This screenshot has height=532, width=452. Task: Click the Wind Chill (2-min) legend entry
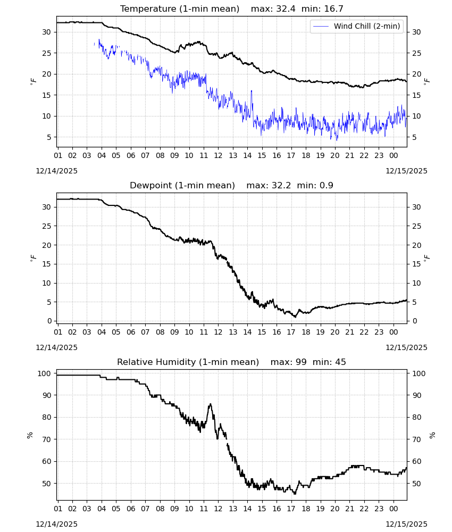coord(356,26)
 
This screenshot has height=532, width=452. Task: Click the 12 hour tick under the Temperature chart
coord(219,155)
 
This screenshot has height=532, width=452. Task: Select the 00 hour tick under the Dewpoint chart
coord(394,332)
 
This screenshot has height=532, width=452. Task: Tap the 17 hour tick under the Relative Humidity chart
coord(291,509)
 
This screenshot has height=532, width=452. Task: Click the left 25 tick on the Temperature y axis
coord(46,53)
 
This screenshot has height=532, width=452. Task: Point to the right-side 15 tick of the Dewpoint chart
coord(416,264)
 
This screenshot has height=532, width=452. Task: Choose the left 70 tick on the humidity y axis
coord(46,439)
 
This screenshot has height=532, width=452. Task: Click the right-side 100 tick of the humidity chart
coord(419,373)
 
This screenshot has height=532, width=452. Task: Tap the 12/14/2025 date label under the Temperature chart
coord(56,171)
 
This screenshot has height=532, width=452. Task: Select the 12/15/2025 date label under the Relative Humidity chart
coord(407,524)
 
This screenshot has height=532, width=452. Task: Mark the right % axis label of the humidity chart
coord(432,435)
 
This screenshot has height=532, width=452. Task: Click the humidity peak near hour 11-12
coord(211,404)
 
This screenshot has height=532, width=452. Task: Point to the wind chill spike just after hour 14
coord(252,91)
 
